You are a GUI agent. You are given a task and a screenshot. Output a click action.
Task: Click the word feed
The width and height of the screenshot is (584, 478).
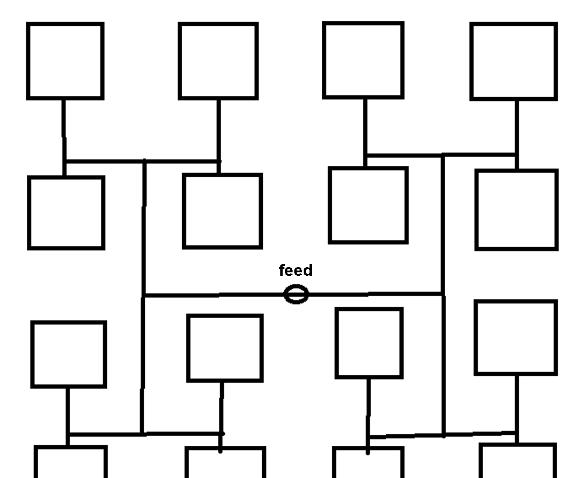click(x=296, y=271)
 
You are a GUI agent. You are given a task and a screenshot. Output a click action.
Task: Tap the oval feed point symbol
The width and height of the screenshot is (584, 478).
click(x=296, y=294)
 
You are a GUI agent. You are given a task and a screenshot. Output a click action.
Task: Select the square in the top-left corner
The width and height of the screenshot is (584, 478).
click(x=65, y=61)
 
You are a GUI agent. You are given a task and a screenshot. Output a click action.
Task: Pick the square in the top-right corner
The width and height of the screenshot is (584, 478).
click(x=513, y=61)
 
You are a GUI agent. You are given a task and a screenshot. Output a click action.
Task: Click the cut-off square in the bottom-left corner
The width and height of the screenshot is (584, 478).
click(x=71, y=462)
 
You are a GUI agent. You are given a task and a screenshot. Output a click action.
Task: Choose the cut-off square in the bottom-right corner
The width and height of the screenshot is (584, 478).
click(x=517, y=461)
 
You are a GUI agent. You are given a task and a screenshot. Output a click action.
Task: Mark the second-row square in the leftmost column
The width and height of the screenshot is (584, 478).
click(x=66, y=213)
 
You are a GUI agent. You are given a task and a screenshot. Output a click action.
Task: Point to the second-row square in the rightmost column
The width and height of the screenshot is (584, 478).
click(x=516, y=210)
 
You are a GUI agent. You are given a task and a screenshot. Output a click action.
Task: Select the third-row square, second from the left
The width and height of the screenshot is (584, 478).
click(x=225, y=348)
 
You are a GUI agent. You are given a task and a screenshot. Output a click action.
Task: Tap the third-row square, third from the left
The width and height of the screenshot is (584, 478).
click(x=369, y=343)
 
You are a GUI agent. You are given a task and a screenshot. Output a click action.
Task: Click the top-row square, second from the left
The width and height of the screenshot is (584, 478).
click(x=218, y=61)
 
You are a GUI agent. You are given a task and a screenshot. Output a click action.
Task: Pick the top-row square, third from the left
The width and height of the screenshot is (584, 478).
click(x=363, y=60)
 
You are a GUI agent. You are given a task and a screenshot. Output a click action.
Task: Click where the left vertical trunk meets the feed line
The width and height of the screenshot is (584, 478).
click(x=143, y=296)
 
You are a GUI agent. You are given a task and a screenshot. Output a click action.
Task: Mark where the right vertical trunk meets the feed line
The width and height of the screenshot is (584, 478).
click(x=443, y=294)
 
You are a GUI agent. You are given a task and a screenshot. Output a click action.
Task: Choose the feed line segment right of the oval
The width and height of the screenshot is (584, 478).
click(x=374, y=294)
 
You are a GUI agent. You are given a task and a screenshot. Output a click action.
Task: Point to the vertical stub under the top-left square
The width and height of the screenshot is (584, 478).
click(x=64, y=129)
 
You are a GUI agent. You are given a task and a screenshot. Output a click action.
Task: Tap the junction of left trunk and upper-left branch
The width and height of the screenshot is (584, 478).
click(x=144, y=161)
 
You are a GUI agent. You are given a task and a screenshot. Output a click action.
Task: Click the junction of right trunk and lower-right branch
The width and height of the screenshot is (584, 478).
click(x=443, y=435)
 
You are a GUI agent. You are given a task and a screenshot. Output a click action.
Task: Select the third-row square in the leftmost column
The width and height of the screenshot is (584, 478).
click(x=69, y=354)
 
